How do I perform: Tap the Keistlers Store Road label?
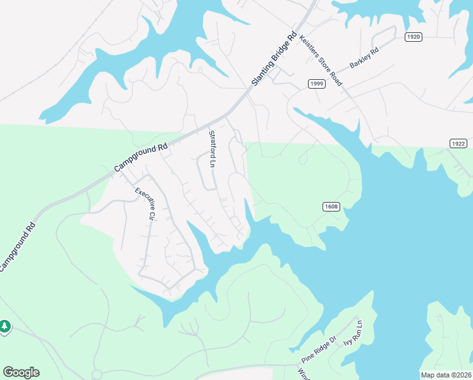(321, 60)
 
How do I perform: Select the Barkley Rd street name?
(364, 58)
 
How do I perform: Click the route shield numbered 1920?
(412, 37)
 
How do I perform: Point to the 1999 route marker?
(317, 84)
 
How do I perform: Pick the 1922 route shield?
(459, 144)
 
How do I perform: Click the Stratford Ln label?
(212, 149)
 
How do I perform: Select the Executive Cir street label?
(145, 203)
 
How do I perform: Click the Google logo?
(21, 372)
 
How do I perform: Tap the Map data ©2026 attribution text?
(446, 375)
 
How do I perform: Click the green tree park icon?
(4, 326)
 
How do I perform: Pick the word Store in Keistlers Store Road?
(322, 61)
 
